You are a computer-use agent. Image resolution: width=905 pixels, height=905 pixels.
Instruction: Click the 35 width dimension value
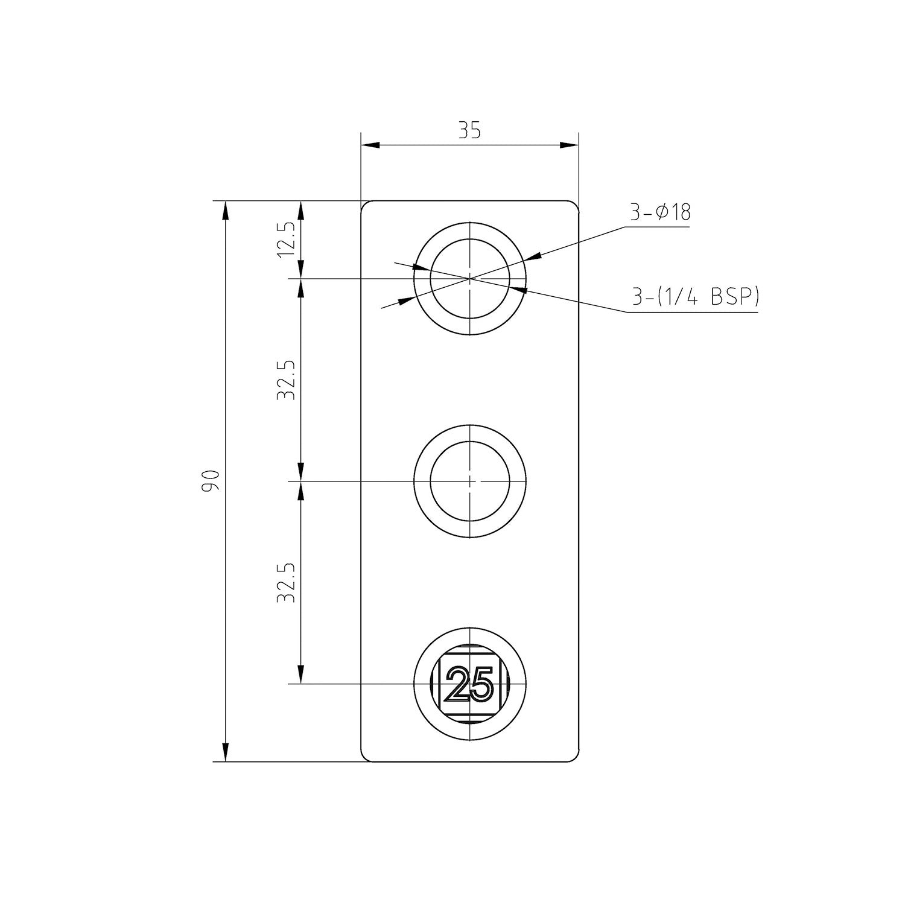469,131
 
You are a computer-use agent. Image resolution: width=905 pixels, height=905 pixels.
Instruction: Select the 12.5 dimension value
286,240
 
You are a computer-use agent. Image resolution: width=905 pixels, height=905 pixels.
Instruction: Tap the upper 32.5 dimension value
286,380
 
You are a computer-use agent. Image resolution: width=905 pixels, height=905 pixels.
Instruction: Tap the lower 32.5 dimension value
286,583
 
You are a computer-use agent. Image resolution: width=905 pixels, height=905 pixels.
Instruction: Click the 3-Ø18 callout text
660,212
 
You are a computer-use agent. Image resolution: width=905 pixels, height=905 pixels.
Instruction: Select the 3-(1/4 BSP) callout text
695,297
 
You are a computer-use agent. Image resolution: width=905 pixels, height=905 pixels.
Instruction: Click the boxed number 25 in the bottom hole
470,684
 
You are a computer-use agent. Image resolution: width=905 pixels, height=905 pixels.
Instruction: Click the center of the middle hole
470,481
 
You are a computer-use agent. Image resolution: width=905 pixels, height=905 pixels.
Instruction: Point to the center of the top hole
470,278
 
